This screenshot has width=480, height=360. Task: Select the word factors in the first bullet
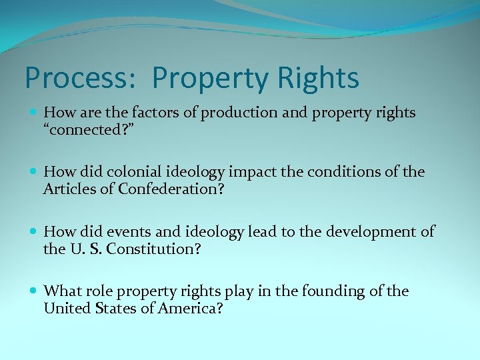151,113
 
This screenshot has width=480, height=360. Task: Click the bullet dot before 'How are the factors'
35,113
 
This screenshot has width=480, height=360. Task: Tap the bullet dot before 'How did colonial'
35,173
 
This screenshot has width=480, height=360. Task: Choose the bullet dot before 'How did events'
35,232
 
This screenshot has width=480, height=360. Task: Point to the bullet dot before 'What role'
35,291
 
